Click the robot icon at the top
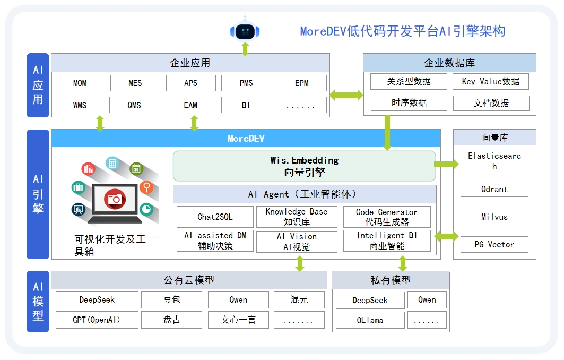click(245, 31)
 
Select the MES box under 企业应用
click(135, 83)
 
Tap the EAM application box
click(190, 105)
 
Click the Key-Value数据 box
click(491, 81)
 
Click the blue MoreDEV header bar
click(246, 139)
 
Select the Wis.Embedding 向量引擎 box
click(304, 166)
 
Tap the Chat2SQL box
click(215, 217)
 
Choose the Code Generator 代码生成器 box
click(386, 217)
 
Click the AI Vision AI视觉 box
click(297, 242)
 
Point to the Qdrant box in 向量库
click(494, 189)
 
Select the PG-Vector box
click(494, 245)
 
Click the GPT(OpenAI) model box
click(97, 320)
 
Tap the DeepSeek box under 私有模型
click(370, 300)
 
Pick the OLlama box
click(370, 321)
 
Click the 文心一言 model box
click(238, 320)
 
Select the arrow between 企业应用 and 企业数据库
click(346, 95)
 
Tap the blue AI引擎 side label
click(38, 194)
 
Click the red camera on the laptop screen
click(115, 199)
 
